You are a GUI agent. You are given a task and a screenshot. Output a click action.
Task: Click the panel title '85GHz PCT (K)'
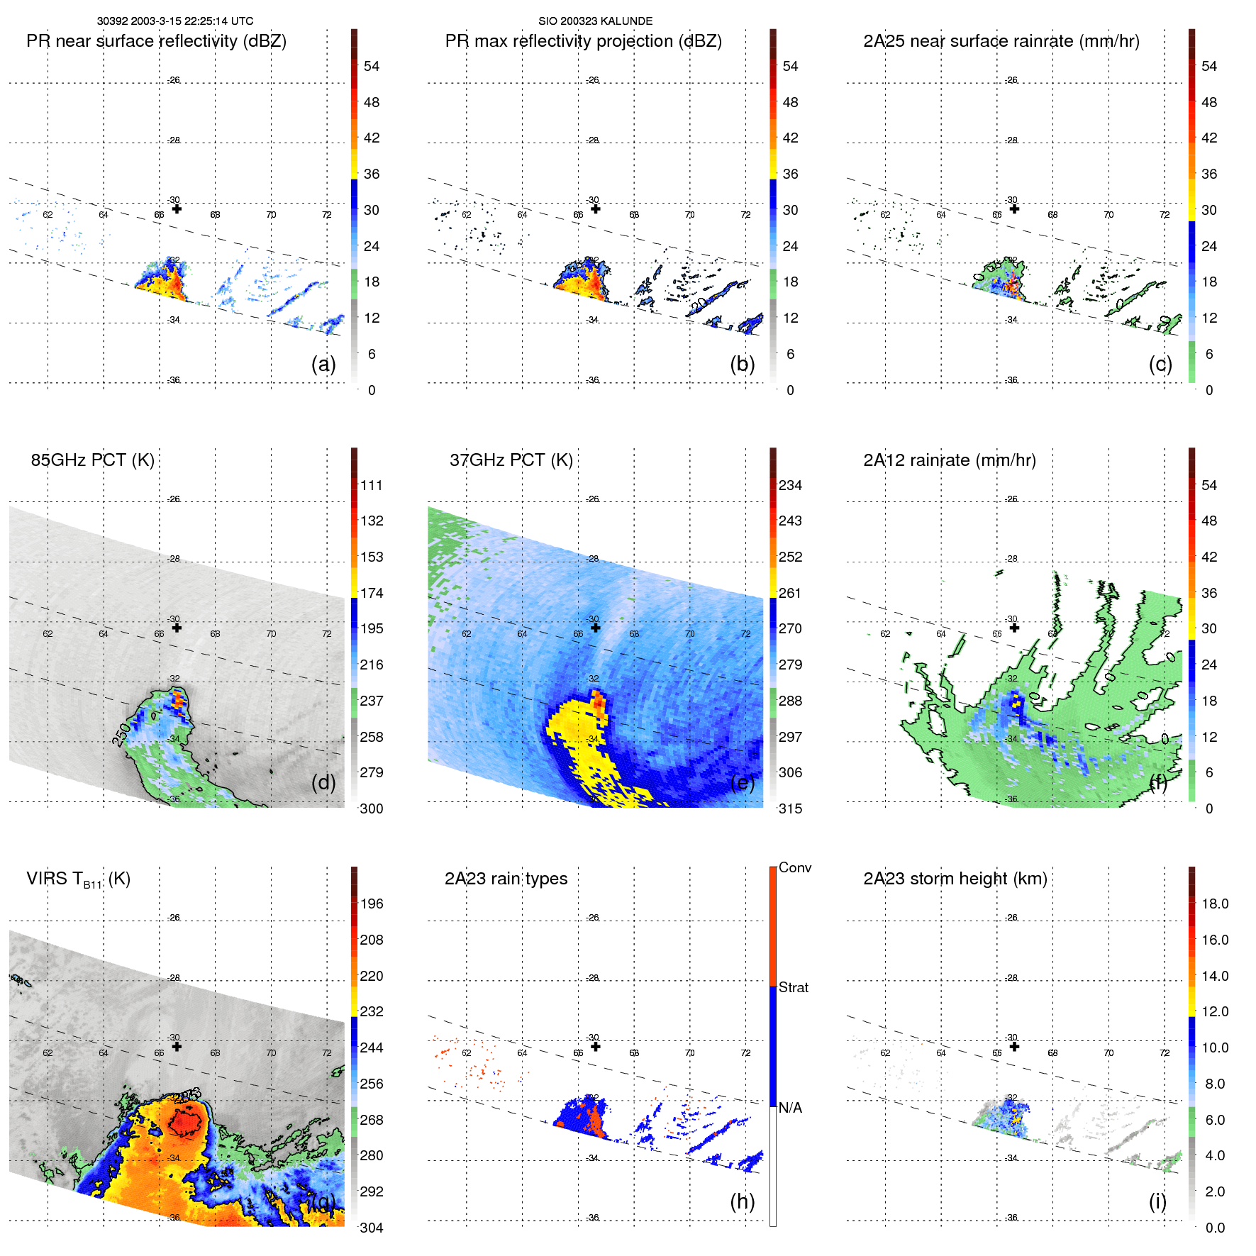[92, 460]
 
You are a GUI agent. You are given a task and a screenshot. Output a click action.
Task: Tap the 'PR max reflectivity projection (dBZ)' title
[583, 41]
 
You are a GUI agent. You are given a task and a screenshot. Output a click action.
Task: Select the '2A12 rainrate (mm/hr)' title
[949, 460]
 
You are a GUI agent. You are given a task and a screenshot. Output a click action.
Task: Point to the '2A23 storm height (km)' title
[955, 879]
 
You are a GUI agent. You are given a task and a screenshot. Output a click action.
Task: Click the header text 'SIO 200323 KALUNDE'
[595, 21]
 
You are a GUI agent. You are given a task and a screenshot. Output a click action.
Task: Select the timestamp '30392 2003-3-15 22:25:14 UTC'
[175, 21]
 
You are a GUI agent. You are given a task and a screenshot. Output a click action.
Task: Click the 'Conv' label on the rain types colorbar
[794, 867]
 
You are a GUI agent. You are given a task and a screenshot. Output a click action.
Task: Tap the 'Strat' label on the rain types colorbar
[793, 987]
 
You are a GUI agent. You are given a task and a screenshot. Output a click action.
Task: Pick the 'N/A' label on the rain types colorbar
[789, 1108]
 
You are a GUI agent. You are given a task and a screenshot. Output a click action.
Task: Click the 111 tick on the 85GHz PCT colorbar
[371, 485]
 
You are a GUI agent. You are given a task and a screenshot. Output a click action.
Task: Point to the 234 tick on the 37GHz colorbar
[790, 485]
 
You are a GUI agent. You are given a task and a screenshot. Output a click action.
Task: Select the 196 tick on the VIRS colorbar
[371, 904]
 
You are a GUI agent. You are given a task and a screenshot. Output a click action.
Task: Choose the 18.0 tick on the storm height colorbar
[1214, 904]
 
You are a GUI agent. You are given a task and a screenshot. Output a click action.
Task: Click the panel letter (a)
[323, 364]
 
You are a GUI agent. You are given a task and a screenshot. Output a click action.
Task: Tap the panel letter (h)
[742, 1201]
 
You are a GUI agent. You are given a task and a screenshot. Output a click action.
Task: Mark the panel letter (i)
[1157, 1201]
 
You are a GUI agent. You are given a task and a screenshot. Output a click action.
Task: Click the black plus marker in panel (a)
[177, 209]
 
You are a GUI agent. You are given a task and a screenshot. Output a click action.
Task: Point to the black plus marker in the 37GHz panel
[595, 628]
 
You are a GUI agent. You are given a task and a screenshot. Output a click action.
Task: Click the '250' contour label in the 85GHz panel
[121, 735]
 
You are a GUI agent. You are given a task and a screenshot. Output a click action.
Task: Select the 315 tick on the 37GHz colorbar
[790, 808]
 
